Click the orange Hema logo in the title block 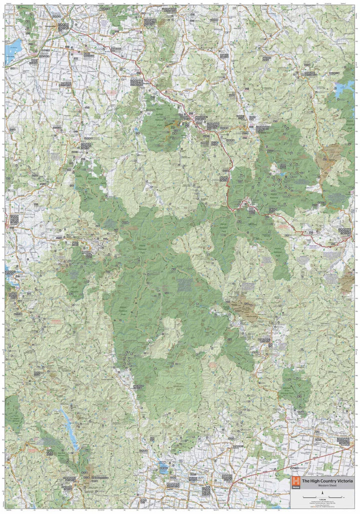295,481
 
